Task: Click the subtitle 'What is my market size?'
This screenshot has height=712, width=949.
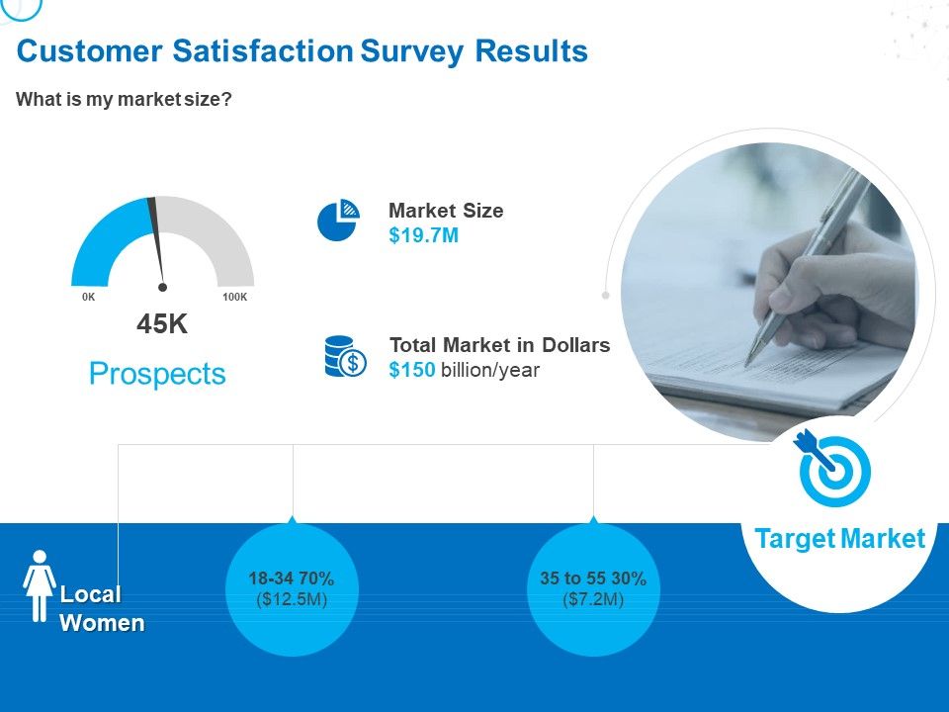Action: click(x=125, y=99)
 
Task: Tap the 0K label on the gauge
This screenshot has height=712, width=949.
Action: click(x=88, y=297)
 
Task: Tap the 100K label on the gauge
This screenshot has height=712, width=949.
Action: click(x=235, y=297)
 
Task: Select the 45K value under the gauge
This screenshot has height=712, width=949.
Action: click(x=162, y=324)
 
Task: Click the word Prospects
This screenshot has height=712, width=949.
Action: click(x=157, y=374)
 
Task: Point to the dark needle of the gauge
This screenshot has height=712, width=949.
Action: click(x=157, y=242)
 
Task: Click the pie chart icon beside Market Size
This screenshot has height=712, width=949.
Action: click(x=338, y=221)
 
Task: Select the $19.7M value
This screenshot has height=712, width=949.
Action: click(x=424, y=235)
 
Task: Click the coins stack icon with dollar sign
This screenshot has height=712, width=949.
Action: click(x=345, y=357)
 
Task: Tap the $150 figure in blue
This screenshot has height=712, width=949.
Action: click(x=412, y=370)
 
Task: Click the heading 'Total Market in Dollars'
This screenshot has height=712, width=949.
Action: click(x=500, y=344)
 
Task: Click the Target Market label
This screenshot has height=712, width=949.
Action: click(x=840, y=538)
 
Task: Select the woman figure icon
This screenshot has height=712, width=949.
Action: click(x=40, y=585)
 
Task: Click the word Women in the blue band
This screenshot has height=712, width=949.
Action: click(x=102, y=623)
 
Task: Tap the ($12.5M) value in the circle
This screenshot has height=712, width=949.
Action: click(x=292, y=599)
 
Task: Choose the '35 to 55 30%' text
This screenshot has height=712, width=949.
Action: click(x=593, y=578)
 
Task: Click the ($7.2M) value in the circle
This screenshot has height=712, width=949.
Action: click(x=593, y=599)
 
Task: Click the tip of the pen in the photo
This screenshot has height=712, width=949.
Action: click(x=747, y=365)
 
